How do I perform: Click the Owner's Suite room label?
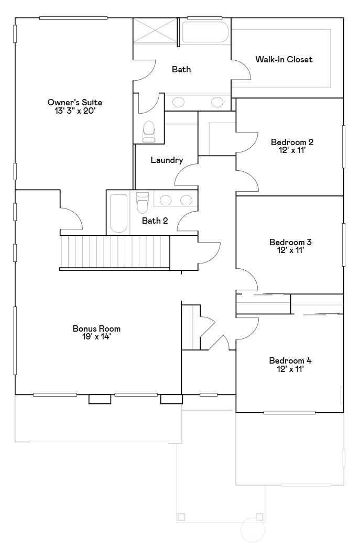tap(74, 102)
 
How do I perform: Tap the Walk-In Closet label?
tap(283, 59)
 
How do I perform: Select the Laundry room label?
tap(167, 160)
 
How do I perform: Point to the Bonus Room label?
tap(96, 328)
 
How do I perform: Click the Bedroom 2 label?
tap(292, 142)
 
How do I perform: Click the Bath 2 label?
tap(155, 221)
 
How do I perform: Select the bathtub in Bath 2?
tap(119, 214)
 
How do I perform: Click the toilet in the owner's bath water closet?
tap(149, 132)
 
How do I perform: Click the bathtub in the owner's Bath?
tap(205, 32)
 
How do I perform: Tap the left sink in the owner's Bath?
tap(178, 102)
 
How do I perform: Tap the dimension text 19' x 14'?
tap(96, 337)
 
